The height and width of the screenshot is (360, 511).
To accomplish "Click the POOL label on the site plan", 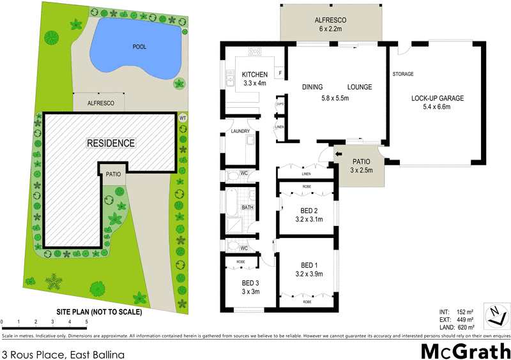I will click(x=139, y=47).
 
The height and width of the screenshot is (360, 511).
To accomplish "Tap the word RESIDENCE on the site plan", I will click(x=111, y=143).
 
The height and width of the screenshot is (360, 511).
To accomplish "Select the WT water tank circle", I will click(x=183, y=118).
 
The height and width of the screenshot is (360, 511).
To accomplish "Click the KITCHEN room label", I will click(x=255, y=75).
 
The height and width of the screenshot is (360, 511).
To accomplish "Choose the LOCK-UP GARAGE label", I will click(x=438, y=98).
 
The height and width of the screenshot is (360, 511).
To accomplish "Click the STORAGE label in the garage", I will click(x=404, y=73).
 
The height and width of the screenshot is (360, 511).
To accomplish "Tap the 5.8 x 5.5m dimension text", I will click(x=335, y=99).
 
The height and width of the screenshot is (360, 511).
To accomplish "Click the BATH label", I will click(x=248, y=207).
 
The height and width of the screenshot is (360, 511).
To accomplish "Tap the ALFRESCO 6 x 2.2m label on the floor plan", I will click(x=330, y=24).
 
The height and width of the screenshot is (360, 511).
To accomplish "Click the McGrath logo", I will click(x=464, y=350).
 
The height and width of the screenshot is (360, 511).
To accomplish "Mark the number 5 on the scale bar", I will click(x=86, y=322).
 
